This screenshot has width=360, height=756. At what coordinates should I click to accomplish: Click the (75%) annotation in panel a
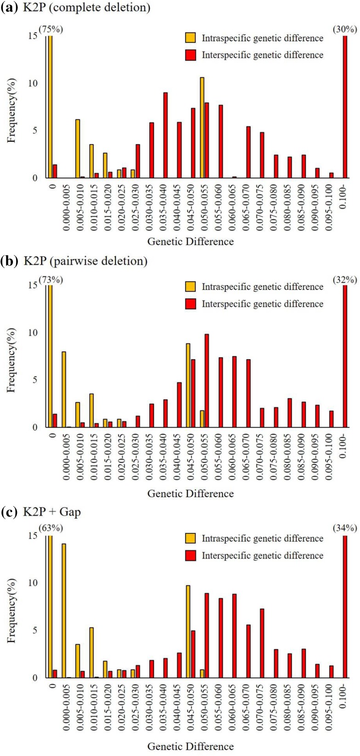point(51,29)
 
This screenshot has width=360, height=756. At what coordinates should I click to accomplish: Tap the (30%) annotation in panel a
point(344,29)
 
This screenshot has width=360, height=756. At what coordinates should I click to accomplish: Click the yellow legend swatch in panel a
point(191,38)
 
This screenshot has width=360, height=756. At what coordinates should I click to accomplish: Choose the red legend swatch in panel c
point(191,556)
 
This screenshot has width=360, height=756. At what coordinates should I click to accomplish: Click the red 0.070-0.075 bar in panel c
point(262,643)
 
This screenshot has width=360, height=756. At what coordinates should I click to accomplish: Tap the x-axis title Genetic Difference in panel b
point(190,493)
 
